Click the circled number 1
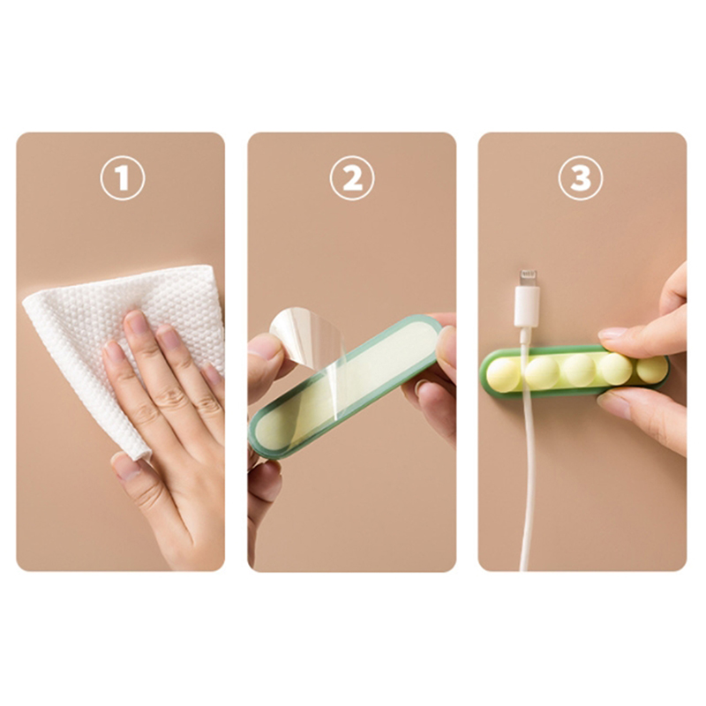[123, 178]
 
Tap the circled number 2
[352, 178]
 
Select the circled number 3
[581, 178]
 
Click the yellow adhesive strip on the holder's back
[347, 387]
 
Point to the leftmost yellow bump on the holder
[503, 373]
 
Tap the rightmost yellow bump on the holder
[652, 368]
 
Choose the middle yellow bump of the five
[579, 370]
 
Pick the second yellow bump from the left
[543, 372]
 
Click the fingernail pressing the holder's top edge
[612, 334]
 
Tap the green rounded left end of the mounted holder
[486, 372]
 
